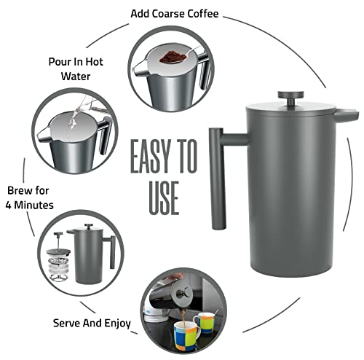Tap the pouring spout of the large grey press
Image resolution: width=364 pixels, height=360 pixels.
[348, 115]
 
